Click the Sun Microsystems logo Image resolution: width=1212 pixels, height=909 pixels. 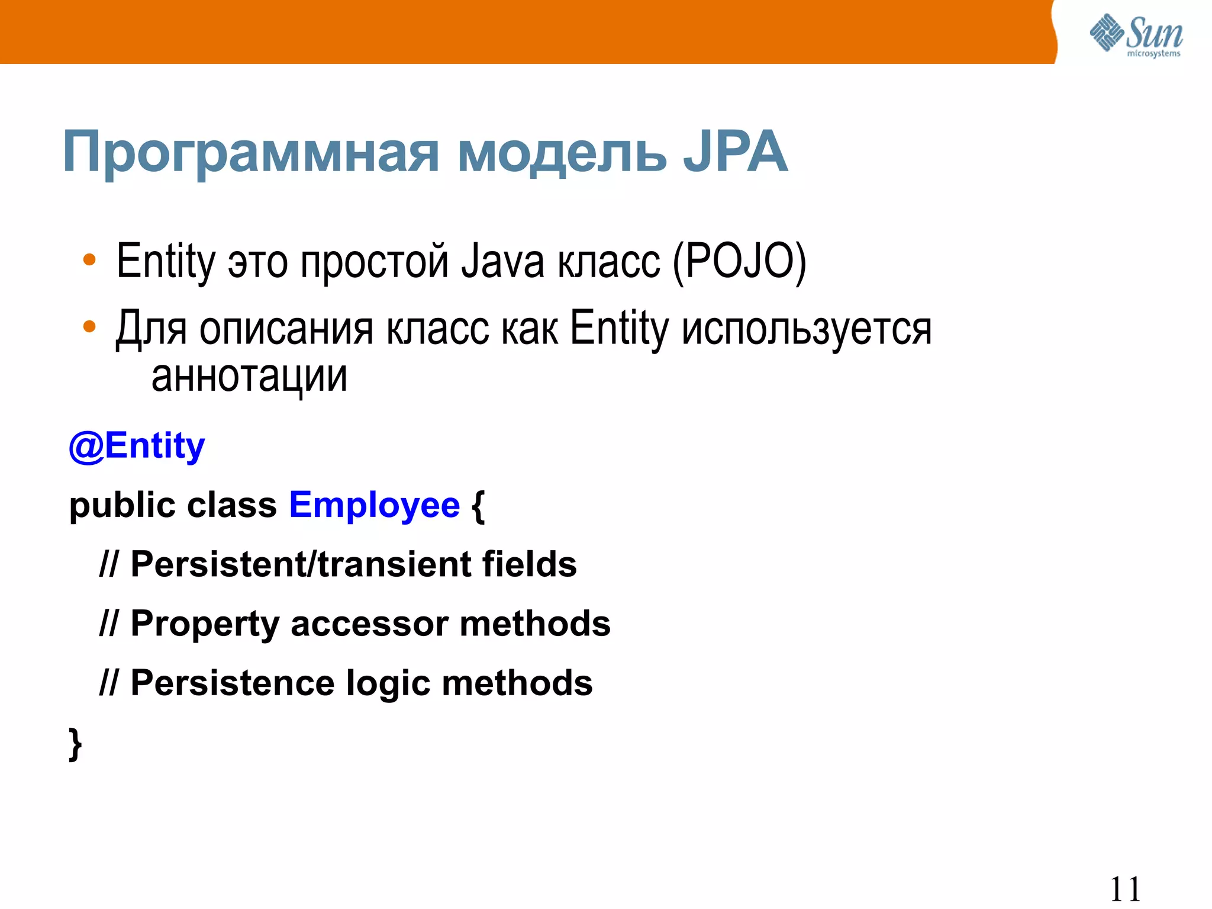coord(1136,36)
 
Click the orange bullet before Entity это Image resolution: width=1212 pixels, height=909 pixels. coord(89,260)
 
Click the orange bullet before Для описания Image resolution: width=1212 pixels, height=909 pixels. coord(89,326)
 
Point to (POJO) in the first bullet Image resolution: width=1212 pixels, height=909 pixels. coord(739,261)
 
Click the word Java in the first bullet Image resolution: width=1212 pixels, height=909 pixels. coord(502,261)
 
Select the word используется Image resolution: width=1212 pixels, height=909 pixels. coord(806,329)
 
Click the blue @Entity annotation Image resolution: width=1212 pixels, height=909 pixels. coord(137,445)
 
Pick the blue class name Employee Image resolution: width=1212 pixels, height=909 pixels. coord(374,505)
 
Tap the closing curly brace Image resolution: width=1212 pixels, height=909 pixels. coord(75,744)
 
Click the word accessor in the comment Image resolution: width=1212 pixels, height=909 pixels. coord(369,624)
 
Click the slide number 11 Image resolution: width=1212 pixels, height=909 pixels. coord(1124,889)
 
